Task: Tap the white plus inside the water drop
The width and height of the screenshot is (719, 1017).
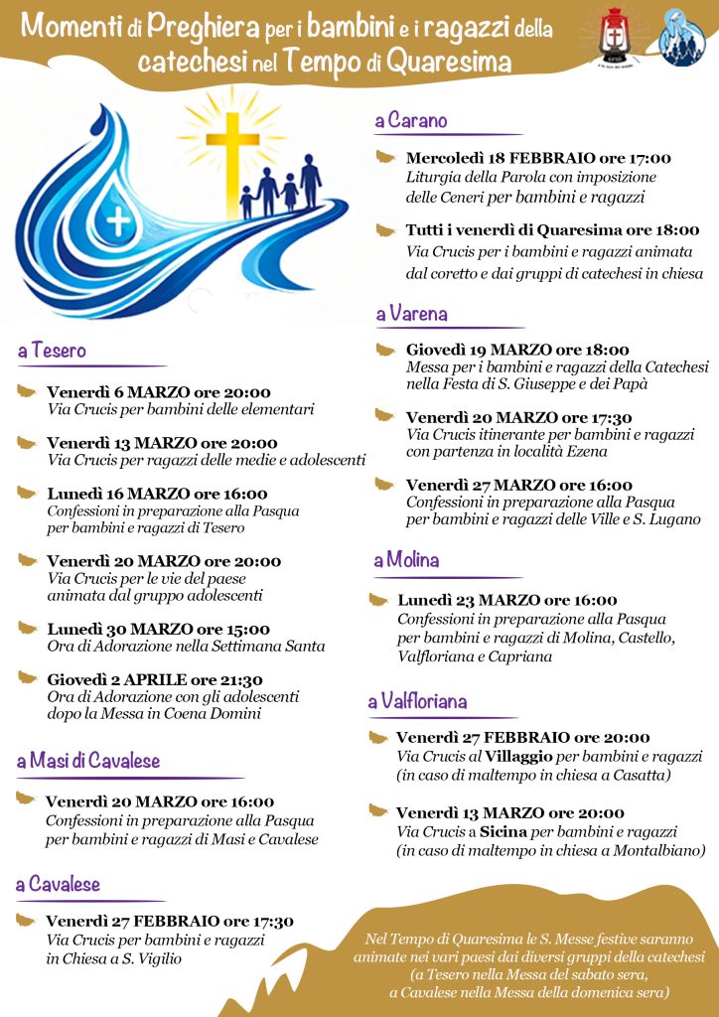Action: tap(118, 221)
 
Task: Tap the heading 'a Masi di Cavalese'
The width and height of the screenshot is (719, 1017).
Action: tap(88, 762)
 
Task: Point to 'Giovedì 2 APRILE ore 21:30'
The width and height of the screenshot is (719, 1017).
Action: tap(155, 680)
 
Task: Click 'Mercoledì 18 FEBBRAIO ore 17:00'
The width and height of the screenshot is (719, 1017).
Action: tap(538, 158)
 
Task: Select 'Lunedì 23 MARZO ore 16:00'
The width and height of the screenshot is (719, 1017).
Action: tap(506, 601)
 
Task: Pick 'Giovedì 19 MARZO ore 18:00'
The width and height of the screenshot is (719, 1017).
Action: tap(517, 350)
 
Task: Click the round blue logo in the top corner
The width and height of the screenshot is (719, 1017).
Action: tap(682, 37)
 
